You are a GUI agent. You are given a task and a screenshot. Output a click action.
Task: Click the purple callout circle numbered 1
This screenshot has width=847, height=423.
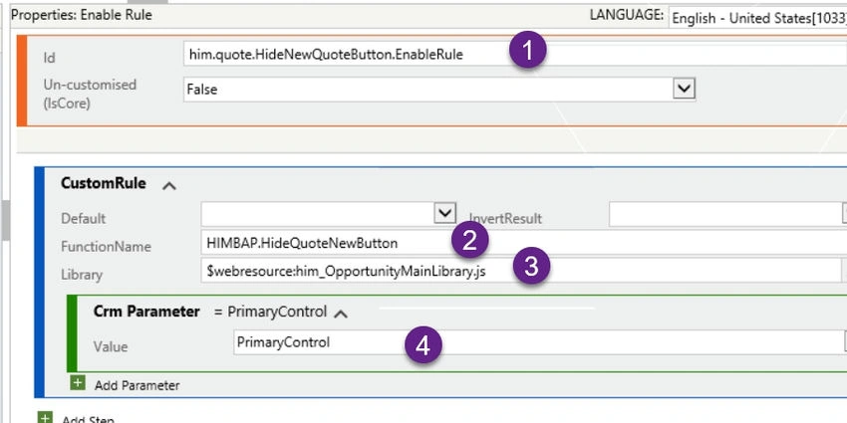pyautogui.click(x=528, y=50)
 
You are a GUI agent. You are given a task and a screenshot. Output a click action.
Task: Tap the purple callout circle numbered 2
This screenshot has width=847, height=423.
pyautogui.click(x=470, y=240)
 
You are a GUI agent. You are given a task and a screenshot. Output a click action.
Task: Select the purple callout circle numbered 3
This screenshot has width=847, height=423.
pyautogui.click(x=531, y=267)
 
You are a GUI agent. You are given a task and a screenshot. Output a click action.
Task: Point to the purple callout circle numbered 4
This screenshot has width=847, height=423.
pyautogui.click(x=423, y=344)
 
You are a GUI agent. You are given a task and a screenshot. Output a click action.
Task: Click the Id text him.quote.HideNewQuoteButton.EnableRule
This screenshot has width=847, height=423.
pyautogui.click(x=326, y=55)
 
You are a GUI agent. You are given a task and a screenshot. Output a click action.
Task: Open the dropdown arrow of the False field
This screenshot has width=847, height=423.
pyautogui.click(x=684, y=89)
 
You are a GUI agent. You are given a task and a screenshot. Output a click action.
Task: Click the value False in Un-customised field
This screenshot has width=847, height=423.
pyautogui.click(x=202, y=90)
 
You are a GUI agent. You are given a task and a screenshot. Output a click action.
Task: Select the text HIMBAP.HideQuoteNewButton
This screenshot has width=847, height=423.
pyautogui.click(x=302, y=243)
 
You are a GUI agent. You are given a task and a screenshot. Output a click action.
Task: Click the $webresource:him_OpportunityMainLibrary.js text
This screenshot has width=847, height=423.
pyautogui.click(x=346, y=272)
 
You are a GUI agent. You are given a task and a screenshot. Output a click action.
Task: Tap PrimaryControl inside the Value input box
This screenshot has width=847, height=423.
pyautogui.click(x=283, y=342)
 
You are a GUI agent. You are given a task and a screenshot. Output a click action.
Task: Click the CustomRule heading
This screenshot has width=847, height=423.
pyautogui.click(x=104, y=183)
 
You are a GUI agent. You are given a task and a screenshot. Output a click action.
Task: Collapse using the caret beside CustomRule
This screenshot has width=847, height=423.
pyautogui.click(x=169, y=186)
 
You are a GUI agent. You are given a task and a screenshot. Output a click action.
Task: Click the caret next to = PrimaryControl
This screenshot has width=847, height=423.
pyautogui.click(x=341, y=314)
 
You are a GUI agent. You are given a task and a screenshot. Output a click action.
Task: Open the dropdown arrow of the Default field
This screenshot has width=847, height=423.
pyautogui.click(x=444, y=213)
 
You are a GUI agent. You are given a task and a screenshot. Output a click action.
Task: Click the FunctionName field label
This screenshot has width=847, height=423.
pyautogui.click(x=106, y=247)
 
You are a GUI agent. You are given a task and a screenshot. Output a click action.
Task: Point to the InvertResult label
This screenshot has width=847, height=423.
pyautogui.click(x=505, y=219)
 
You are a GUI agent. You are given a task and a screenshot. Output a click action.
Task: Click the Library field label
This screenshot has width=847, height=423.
pyautogui.click(x=82, y=275)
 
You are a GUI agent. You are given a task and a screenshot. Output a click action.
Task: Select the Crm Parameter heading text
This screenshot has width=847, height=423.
pyautogui.click(x=146, y=312)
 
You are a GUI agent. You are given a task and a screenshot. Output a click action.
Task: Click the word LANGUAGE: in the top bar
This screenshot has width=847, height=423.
pyautogui.click(x=627, y=15)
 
